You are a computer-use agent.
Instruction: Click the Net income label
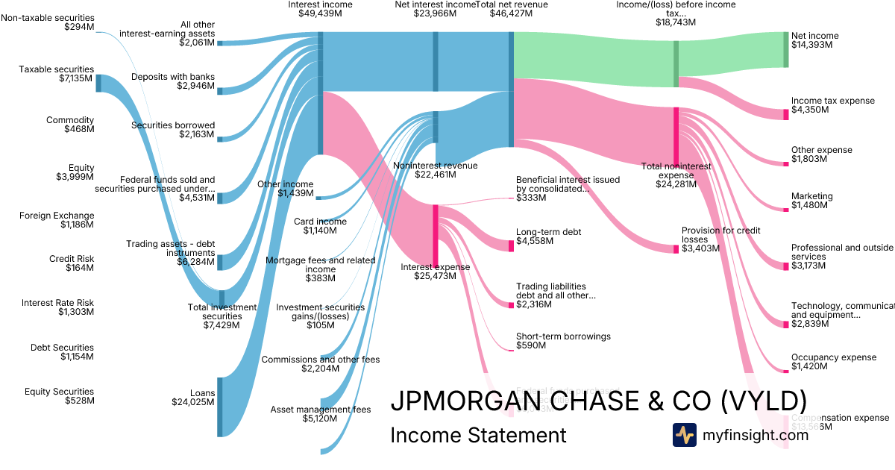814,36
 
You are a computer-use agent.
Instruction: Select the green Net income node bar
785,49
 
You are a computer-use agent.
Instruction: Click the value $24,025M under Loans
193,401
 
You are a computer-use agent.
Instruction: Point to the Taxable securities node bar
98,83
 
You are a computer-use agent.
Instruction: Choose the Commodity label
70,120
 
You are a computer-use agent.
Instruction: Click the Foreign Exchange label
57,216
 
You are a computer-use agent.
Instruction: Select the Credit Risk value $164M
78,268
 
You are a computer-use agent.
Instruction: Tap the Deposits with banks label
172,77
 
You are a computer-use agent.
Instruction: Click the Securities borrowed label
173,125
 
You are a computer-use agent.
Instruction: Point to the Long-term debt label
548,232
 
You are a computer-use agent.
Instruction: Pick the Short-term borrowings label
563,336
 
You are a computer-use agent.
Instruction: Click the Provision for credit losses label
720,235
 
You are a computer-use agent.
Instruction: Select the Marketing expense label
811,196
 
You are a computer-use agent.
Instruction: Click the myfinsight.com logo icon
684,435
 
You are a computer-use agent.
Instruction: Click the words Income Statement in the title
478,435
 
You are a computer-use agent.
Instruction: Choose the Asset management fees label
320,410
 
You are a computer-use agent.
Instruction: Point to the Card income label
320,222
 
